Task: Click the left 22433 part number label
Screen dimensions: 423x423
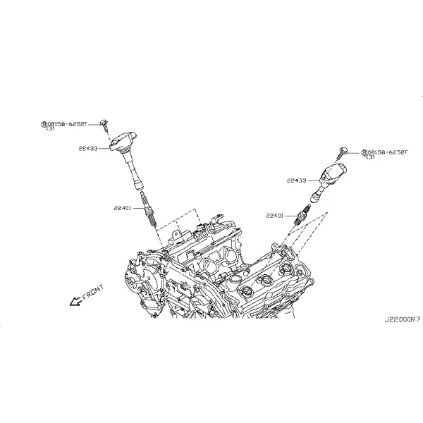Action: pos(88,148)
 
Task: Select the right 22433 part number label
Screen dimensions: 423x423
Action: pos(297,180)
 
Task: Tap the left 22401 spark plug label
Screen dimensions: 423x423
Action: pos(123,208)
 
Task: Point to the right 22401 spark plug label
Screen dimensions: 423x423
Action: pos(275,216)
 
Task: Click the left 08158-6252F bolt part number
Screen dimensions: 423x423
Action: pos(68,124)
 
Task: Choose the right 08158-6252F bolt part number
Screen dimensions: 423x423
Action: pos(387,152)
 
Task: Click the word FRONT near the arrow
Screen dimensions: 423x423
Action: pos(93,293)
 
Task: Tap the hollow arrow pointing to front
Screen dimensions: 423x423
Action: pos(75,301)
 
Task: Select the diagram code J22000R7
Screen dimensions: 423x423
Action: pos(403,319)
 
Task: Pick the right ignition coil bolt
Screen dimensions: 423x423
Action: pos(341,153)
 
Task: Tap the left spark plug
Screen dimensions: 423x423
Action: pos(148,209)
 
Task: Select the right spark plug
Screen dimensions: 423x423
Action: pos(302,214)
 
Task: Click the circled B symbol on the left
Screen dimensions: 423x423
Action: pos(44,124)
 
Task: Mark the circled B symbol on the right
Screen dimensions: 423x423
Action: pos(364,153)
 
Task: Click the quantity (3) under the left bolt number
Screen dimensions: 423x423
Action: pos(50,129)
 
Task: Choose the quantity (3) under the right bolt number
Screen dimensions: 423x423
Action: pos(370,157)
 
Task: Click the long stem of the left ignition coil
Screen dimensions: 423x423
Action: pos(133,170)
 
